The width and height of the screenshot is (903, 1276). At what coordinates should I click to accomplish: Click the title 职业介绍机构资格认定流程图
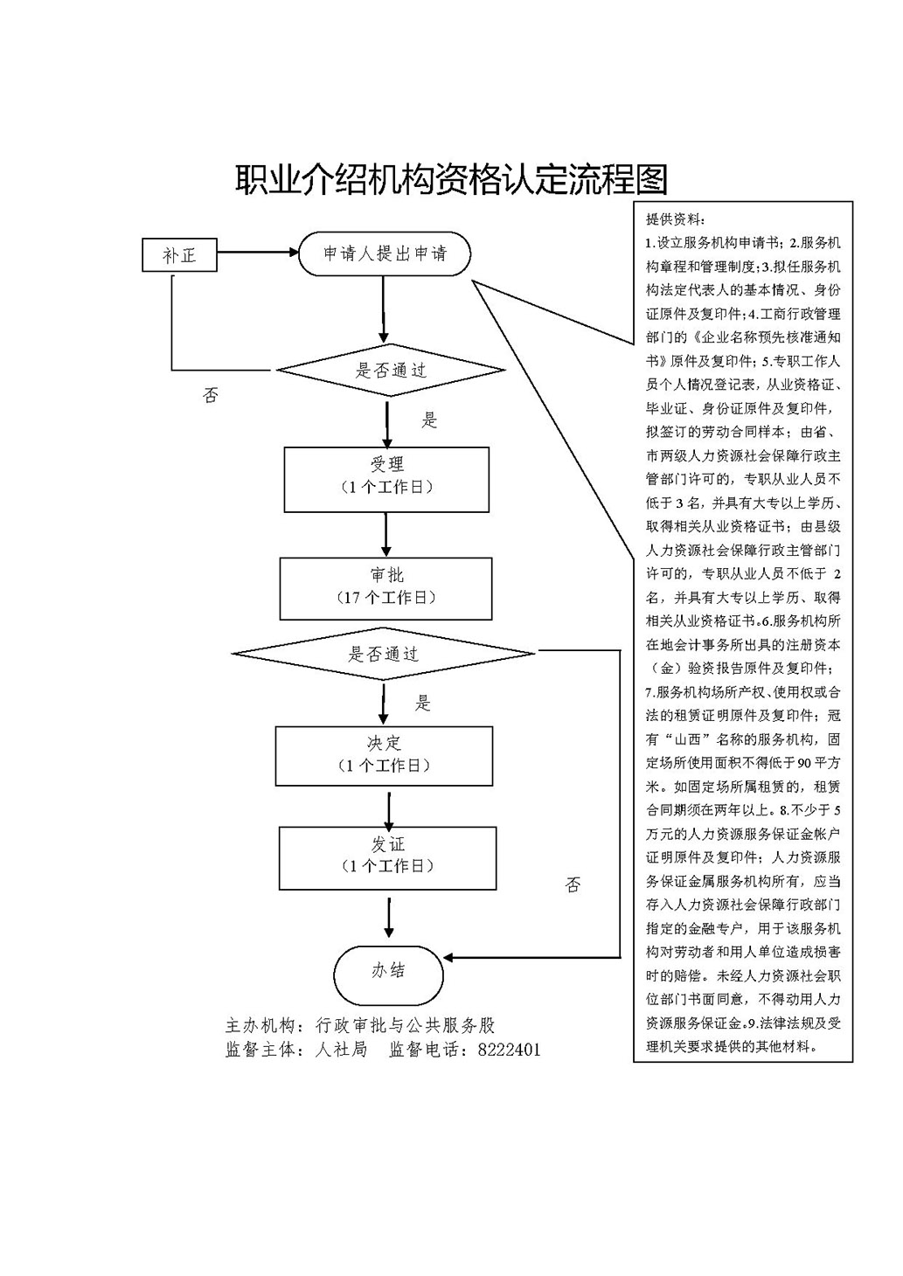[x=451, y=179]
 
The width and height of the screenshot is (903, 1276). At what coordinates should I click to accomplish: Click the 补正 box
[x=179, y=255]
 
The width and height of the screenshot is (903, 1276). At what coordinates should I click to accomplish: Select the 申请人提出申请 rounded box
[x=385, y=254]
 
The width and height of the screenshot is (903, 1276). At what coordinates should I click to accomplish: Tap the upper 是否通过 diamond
[x=390, y=371]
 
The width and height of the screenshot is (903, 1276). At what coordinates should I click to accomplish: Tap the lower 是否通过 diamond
[x=384, y=654]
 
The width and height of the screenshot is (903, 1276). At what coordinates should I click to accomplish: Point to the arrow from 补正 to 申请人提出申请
[x=258, y=254]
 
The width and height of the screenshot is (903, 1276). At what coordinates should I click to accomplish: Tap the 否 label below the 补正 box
[x=211, y=396]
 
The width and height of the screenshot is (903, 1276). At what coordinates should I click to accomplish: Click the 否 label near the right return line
[x=573, y=885]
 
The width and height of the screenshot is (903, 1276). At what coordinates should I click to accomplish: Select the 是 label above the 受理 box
[x=429, y=420]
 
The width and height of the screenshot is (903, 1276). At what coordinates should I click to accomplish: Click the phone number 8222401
[x=509, y=1050]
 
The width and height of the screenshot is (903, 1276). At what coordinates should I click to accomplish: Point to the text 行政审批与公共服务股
[x=405, y=1025]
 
